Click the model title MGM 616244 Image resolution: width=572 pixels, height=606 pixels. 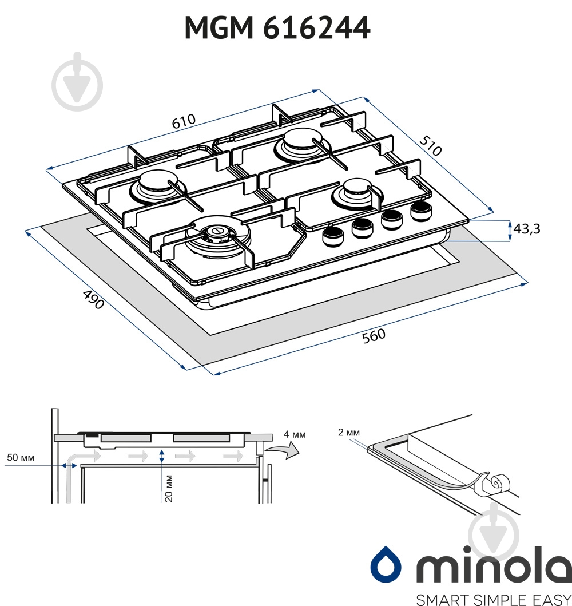[277, 28]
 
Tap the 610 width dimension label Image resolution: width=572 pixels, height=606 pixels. [184, 121]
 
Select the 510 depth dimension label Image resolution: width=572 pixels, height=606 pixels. [430, 145]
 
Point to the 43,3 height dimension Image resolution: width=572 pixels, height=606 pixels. [526, 229]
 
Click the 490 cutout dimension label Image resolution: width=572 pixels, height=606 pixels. [93, 299]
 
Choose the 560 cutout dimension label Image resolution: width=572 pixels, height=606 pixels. [374, 335]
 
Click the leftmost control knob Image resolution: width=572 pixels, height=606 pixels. [333, 236]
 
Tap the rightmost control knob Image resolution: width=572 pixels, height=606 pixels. [422, 211]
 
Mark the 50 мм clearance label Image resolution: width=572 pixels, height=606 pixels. [21, 458]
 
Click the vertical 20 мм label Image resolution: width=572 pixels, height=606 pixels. [169, 488]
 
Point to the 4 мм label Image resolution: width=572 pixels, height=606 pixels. [295, 434]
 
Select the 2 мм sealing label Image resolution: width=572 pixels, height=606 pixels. [349, 432]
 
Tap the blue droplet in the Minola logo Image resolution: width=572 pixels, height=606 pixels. [386, 564]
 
